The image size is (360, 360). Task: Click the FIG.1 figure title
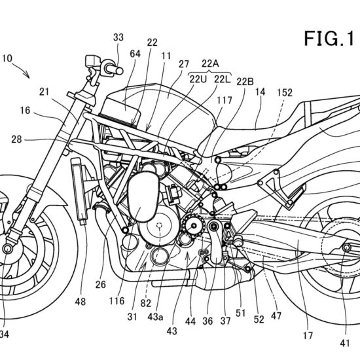(329, 39)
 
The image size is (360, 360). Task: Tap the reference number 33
(118, 37)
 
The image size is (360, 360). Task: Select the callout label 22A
(210, 63)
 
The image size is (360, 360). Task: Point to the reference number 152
(285, 92)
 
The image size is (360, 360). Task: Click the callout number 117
(225, 100)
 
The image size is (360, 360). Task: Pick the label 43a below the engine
(155, 317)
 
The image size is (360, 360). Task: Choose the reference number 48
(80, 302)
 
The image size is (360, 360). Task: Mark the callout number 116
(117, 301)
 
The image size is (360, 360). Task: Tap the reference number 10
(7, 58)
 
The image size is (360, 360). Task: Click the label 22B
(245, 82)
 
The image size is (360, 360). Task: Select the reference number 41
(344, 343)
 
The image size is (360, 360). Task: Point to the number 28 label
(16, 139)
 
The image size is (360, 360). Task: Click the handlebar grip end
(119, 71)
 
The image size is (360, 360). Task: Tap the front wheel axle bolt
(7, 249)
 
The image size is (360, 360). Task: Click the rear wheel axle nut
(346, 247)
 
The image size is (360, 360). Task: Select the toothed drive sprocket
(193, 226)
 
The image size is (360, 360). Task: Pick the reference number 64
(135, 54)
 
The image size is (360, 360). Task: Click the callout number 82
(146, 303)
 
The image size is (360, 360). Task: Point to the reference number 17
(308, 335)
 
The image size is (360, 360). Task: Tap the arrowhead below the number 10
(27, 75)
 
